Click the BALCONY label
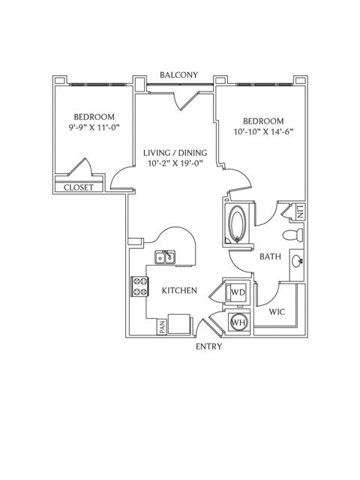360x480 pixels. point(178,75)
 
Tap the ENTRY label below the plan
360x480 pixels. point(208,346)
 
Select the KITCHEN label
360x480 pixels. point(179,290)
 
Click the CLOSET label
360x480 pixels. point(78,187)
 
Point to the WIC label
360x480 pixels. point(277,312)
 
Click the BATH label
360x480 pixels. point(270,256)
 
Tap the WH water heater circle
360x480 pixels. point(238,322)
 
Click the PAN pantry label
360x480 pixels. point(162,327)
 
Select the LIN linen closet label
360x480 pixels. point(300,211)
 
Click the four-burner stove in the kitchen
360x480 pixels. point(140,286)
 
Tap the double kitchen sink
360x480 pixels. point(165,257)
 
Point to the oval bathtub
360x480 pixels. point(237,223)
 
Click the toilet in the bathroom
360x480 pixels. point(293,235)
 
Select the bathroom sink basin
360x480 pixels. point(297,261)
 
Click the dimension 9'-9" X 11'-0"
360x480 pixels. point(94,127)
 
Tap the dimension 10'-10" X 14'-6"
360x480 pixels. point(263,132)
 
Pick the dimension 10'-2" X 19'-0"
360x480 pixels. point(175,163)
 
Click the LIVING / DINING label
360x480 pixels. point(175,152)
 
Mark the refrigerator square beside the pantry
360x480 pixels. point(179,324)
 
